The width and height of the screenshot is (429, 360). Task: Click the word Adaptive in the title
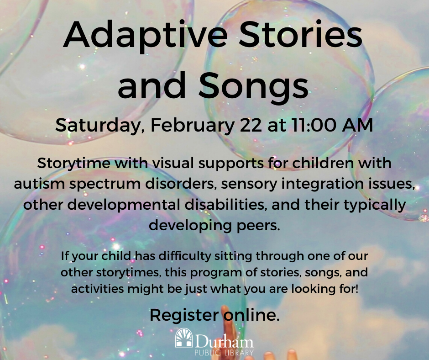pyautogui.click(x=145, y=36)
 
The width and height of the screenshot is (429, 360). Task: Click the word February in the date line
pyautogui.click(x=193, y=126)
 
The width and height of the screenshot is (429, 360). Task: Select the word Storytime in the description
pyautogui.click(x=74, y=164)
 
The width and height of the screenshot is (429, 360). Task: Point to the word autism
pyautogui.click(x=39, y=184)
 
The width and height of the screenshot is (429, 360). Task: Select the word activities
pyautogui.click(x=97, y=289)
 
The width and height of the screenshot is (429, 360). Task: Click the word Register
pyautogui.click(x=184, y=315)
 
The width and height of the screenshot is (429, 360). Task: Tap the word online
pyautogui.click(x=252, y=315)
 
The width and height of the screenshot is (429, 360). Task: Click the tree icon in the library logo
pyautogui.click(x=184, y=338)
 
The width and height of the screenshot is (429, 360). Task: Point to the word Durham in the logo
pyautogui.click(x=224, y=341)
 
